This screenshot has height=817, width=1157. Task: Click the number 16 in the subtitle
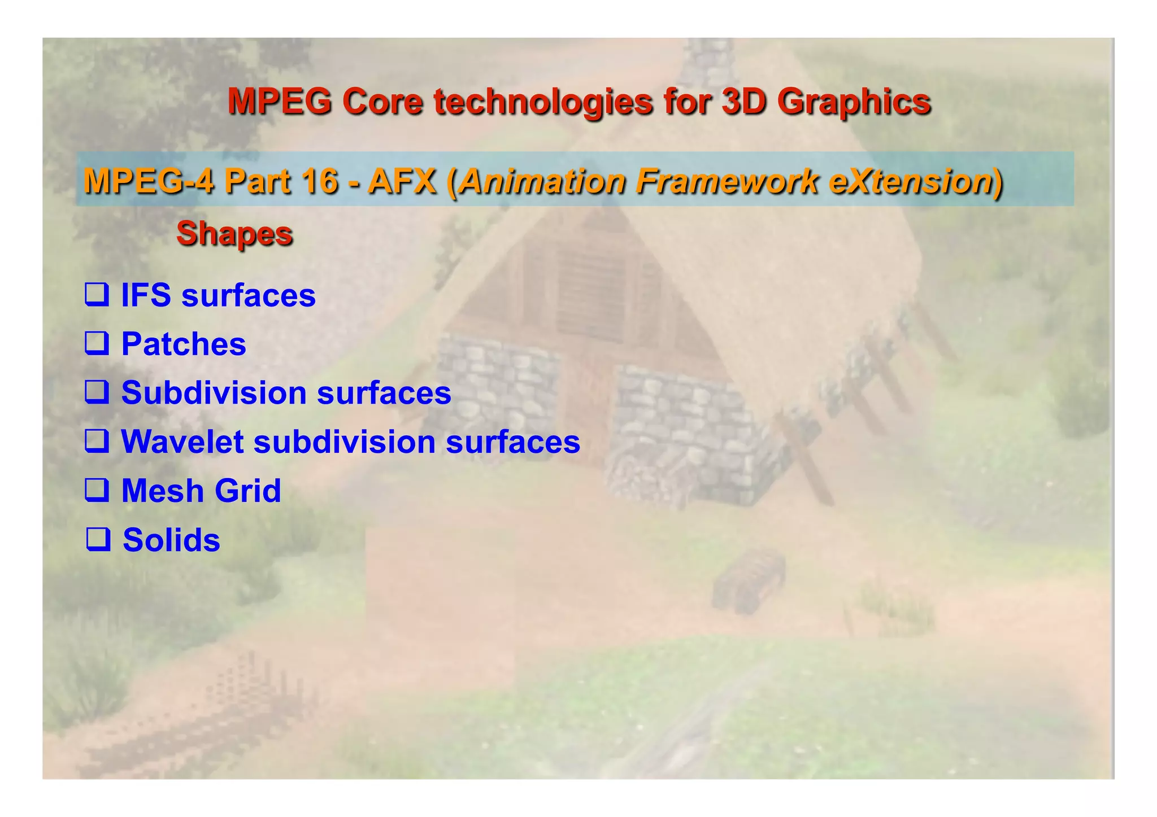tap(319, 182)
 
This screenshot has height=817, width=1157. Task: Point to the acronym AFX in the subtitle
tap(402, 182)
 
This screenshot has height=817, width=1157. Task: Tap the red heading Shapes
tap(234, 233)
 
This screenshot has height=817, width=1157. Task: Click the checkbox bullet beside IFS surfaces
tap(97, 295)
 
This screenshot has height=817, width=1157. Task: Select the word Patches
tap(184, 344)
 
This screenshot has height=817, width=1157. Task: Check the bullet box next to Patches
tap(97, 343)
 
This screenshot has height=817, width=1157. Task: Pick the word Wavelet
tap(182, 442)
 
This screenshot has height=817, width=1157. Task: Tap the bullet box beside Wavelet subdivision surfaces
tap(97, 441)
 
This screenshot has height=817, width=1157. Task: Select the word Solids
tap(171, 540)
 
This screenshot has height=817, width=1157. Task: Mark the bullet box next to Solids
tap(97, 539)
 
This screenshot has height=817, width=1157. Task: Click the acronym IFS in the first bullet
tap(146, 295)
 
